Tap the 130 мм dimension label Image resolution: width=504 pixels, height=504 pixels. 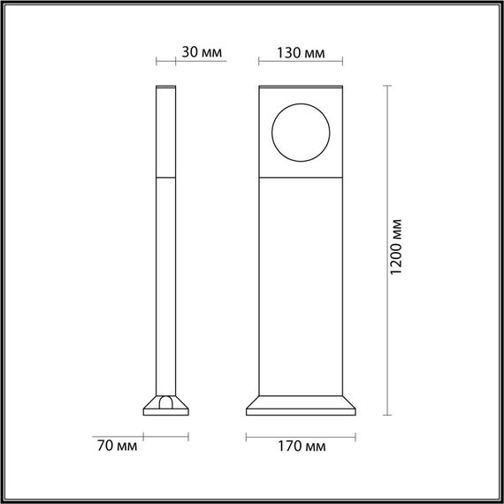click(302, 51)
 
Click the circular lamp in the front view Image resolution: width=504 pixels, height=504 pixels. click(300, 133)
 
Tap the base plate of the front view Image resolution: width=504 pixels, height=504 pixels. click(301, 408)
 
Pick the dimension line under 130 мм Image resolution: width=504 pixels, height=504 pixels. click(301, 62)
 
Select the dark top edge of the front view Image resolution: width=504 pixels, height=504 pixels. click(301, 88)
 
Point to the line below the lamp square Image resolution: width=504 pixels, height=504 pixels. click(301, 177)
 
